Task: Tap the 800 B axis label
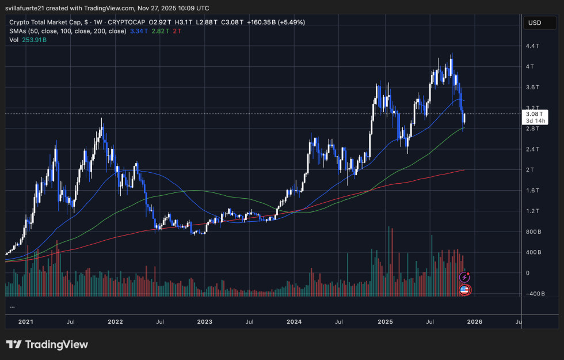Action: (x=532, y=232)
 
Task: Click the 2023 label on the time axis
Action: (x=205, y=323)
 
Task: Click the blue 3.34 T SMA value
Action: (x=140, y=31)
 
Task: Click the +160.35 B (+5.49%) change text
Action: (x=276, y=22)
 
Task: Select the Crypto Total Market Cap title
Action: (x=50, y=22)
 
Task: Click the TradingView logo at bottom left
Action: (x=47, y=344)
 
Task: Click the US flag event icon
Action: (x=464, y=289)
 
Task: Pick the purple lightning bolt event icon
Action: (x=464, y=278)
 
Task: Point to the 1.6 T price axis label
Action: (x=531, y=190)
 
